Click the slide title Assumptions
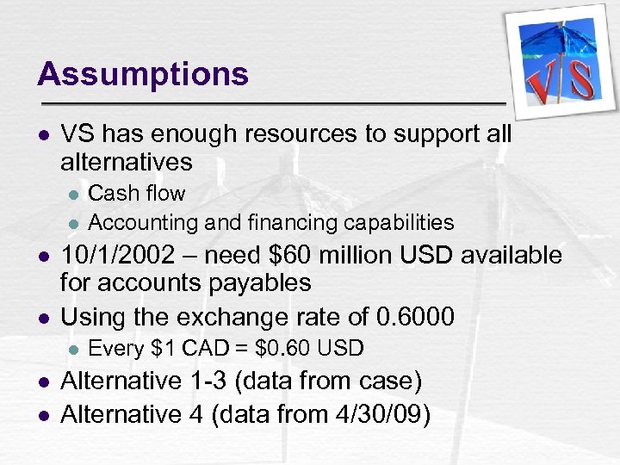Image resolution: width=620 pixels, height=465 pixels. (143, 74)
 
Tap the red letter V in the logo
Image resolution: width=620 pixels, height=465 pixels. (543, 87)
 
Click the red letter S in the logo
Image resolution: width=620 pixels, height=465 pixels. (581, 80)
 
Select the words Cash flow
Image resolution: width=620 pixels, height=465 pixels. (137, 193)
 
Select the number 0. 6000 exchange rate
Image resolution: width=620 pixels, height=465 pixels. (416, 317)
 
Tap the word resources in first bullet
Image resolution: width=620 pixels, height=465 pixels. (282, 134)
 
